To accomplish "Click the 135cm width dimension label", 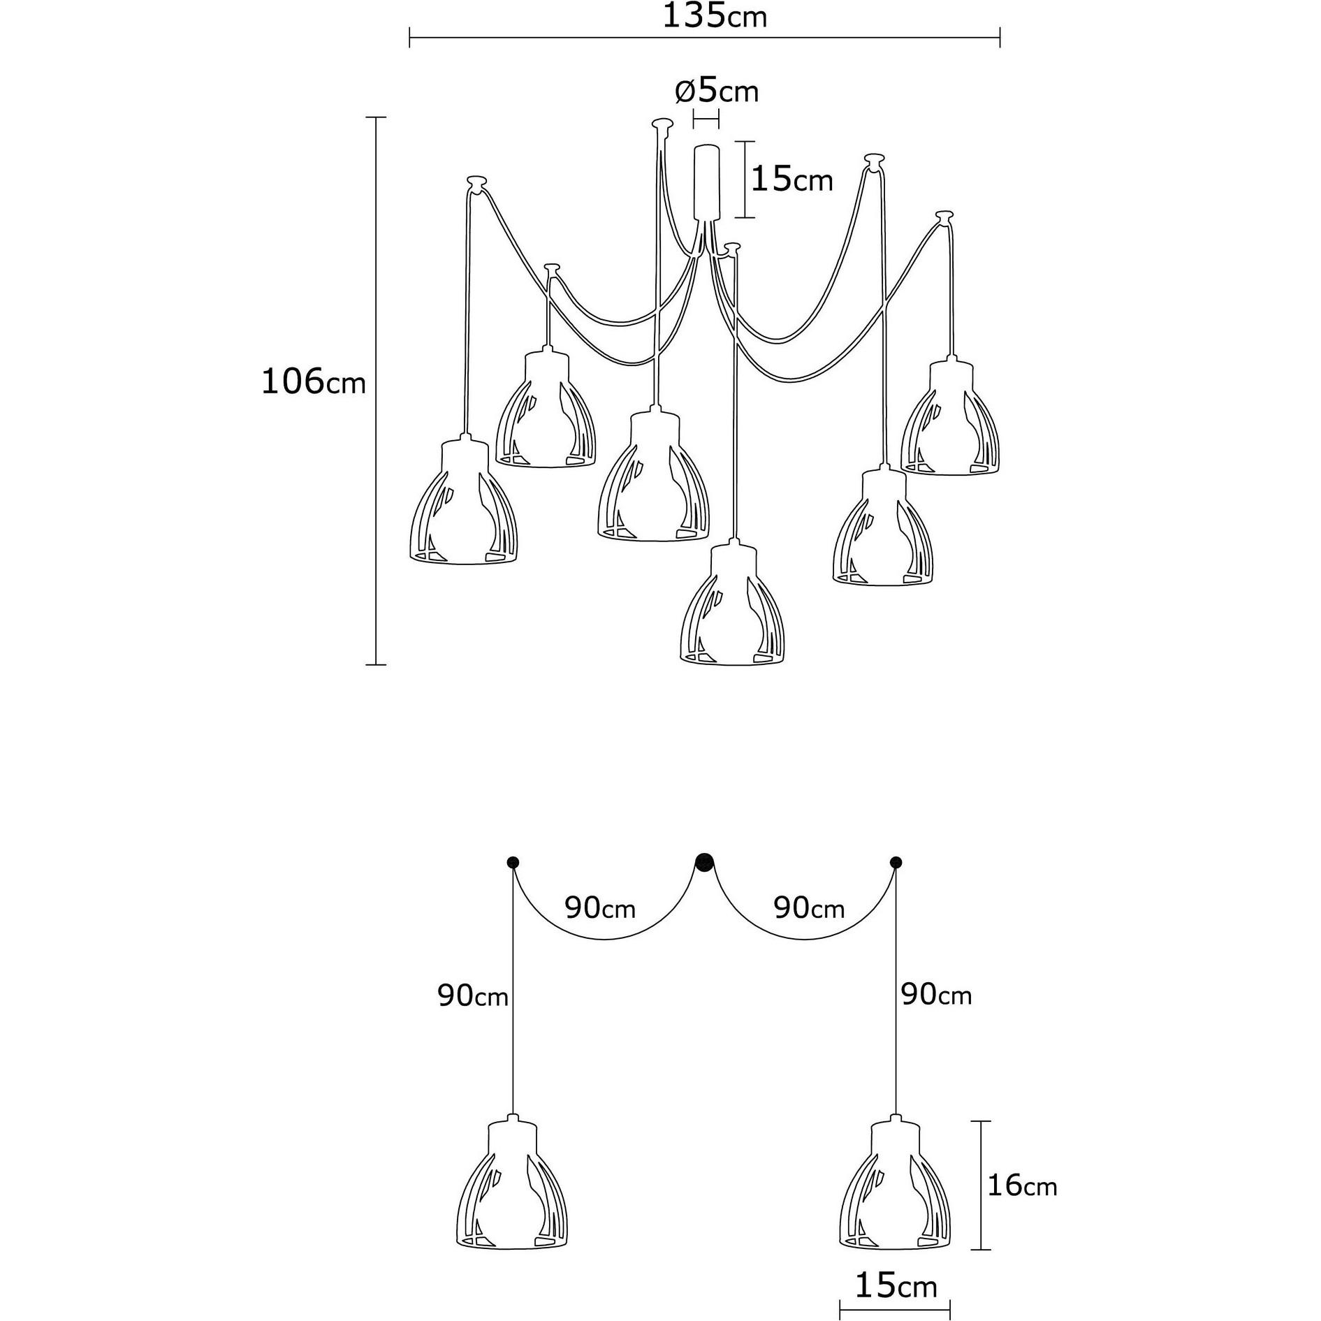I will coord(714,16).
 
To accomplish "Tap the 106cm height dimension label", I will coord(313,382).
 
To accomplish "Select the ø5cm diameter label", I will coord(717,92).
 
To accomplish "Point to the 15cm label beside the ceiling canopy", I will coord(791,180).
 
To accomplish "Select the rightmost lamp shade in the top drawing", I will coord(950,419).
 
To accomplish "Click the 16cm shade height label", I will coord(1021,1187).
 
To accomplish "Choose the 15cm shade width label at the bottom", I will coord(896,1286).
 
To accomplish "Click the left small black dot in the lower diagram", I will coord(512,861).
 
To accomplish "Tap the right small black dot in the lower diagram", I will coord(896,861).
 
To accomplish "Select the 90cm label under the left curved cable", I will coord(600,908).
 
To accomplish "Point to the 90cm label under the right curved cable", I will coord(809,908).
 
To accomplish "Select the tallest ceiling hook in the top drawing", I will coord(661,125).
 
